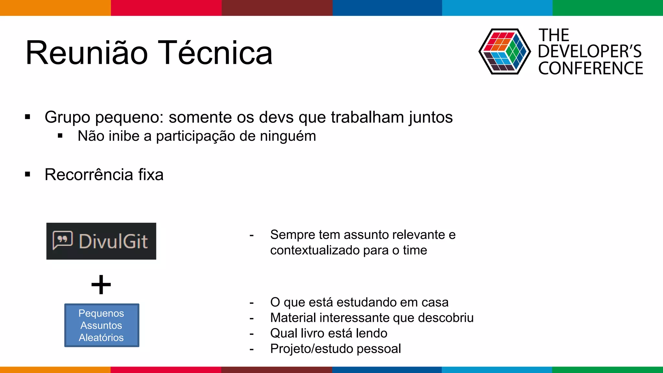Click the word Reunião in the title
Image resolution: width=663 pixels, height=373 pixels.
pyautogui.click(x=87, y=53)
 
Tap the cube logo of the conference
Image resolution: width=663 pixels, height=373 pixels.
pyautogui.click(x=504, y=51)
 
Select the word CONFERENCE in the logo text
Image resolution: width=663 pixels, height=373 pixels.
pyautogui.click(x=590, y=68)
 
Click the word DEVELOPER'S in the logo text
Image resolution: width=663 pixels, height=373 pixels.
pyautogui.click(x=590, y=51)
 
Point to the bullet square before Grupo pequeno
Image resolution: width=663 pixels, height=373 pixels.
pyautogui.click(x=28, y=117)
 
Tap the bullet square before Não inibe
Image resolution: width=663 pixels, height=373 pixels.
pyautogui.click(x=60, y=136)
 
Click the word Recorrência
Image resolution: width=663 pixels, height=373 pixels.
pyautogui.click(x=89, y=175)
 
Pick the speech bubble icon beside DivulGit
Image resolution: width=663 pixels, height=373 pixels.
pyautogui.click(x=62, y=241)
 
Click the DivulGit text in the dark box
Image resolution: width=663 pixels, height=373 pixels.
pyautogui.click(x=113, y=242)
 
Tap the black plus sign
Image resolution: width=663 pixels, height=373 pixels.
pyautogui.click(x=101, y=285)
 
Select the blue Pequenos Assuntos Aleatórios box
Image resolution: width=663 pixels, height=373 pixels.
pyautogui.click(x=102, y=325)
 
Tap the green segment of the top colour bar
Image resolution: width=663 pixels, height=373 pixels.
pyautogui.click(x=608, y=8)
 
